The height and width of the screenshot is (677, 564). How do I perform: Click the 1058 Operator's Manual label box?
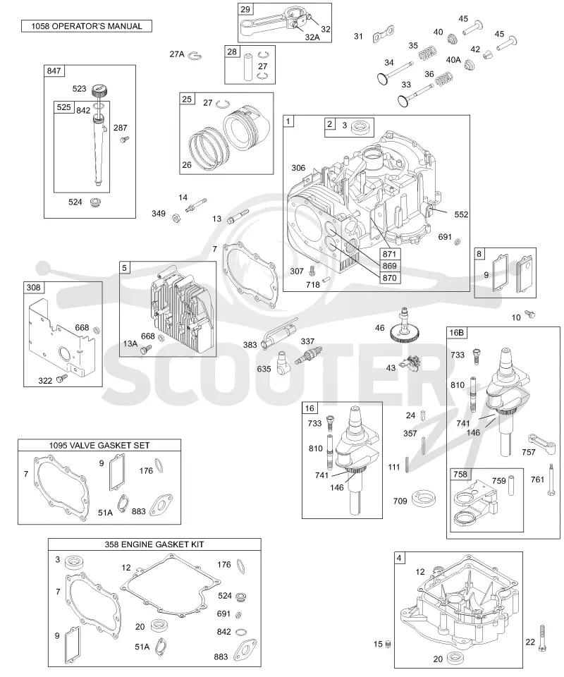coord(87,26)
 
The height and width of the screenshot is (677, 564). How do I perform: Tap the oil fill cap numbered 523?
coord(99,91)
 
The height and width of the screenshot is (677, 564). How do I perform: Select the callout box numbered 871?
coord(390,254)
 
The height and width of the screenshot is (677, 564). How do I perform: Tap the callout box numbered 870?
coord(390,278)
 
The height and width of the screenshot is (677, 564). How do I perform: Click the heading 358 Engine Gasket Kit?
coord(154,544)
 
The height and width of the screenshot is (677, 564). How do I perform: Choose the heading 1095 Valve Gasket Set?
coord(99,445)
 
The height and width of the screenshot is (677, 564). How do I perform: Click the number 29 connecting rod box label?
coord(245,9)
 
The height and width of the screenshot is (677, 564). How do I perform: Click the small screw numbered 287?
coord(125,139)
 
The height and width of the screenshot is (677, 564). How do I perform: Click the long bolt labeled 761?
coord(551,480)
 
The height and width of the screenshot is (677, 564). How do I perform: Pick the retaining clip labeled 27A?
coord(197,55)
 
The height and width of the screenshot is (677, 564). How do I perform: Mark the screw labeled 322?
coord(63,378)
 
